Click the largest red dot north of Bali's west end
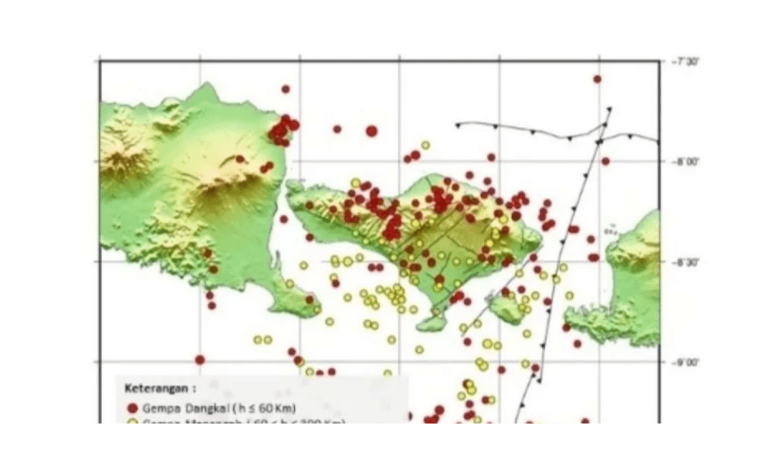371,131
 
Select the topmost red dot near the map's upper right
597,78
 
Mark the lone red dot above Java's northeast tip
286,89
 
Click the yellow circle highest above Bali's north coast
425,145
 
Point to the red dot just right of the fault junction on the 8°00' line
605,161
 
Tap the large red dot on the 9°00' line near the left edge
200,360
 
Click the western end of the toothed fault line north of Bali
457,124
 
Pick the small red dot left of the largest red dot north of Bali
337,129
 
